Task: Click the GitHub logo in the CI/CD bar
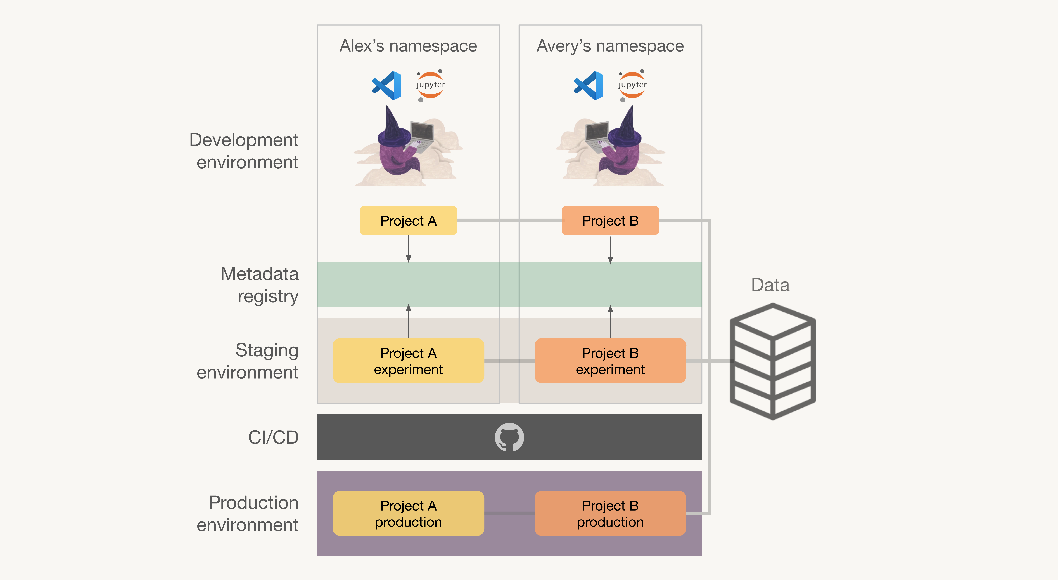(509, 437)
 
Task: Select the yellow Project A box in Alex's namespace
(408, 220)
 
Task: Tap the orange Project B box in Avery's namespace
(610, 220)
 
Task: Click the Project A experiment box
(408, 361)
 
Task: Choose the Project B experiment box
(610, 361)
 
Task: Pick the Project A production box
(408, 513)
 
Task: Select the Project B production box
(610, 513)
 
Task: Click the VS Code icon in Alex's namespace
(386, 85)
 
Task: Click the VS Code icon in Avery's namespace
(589, 85)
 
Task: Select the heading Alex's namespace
(408, 46)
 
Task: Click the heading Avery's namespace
(610, 46)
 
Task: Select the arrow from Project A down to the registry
(408, 249)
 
